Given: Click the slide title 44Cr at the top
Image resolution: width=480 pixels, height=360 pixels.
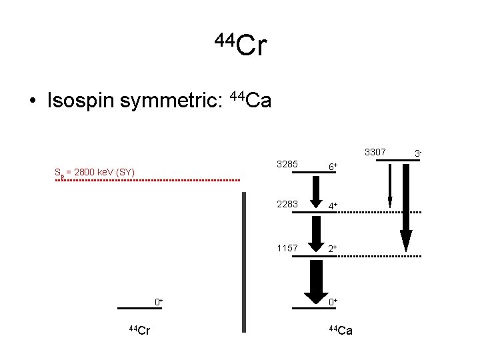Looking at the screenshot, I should point(241,45).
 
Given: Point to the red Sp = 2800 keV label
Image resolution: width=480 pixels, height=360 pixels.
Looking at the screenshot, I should point(95,173).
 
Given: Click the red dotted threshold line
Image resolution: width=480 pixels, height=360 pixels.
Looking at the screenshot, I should point(147,181).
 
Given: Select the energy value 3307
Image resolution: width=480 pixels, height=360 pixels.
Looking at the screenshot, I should point(376,153).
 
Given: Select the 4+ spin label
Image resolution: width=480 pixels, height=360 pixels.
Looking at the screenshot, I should point(331,207).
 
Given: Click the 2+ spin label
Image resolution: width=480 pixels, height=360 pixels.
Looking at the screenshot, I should point(331,249).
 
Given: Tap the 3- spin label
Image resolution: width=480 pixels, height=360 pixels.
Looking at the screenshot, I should point(417,154).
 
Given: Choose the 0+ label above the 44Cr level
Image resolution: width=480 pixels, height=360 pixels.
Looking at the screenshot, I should point(159,302).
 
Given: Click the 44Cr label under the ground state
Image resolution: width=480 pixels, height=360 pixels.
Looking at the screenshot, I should point(139,329).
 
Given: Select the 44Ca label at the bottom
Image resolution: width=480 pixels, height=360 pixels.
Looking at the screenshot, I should point(341,329).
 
